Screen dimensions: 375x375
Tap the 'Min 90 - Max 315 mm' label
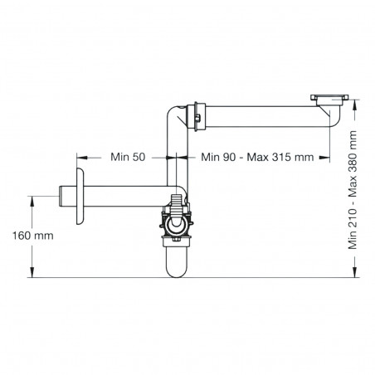click(x=250, y=156)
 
